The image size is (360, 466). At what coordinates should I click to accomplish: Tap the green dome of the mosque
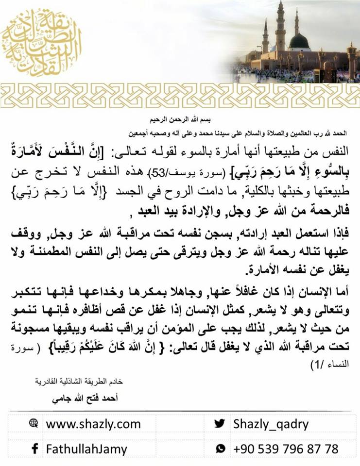[300, 41]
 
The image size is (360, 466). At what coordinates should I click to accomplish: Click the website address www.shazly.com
[93, 424]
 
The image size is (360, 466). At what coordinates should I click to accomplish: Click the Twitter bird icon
[220, 424]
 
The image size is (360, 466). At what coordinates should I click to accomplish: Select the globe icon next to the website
[34, 424]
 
